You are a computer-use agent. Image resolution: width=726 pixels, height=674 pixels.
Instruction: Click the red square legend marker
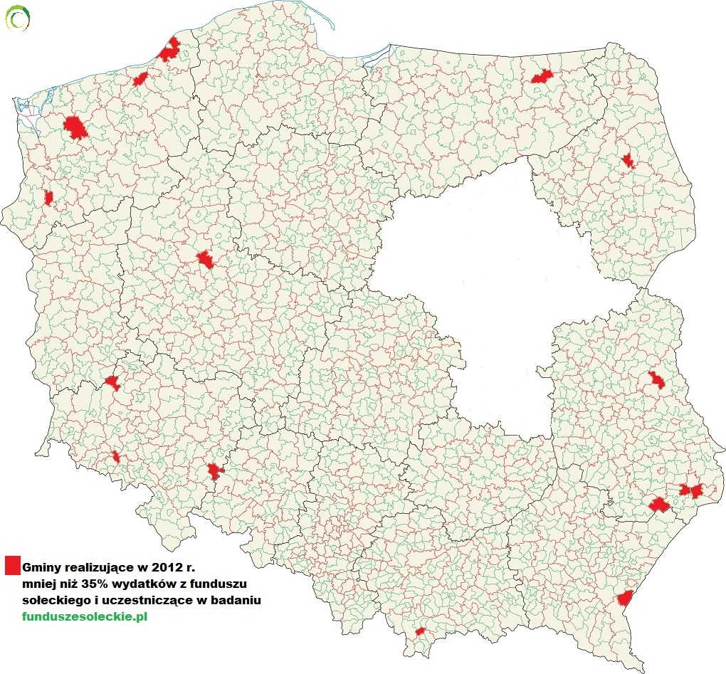(x=11, y=565)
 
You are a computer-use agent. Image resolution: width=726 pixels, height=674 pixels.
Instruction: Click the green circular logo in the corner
(x=17, y=17)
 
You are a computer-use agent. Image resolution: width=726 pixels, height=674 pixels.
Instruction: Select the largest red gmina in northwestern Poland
(x=75, y=128)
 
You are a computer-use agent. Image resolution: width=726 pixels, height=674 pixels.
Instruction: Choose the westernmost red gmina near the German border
(x=48, y=197)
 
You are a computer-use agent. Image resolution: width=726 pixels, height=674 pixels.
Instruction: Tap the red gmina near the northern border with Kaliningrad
(x=542, y=76)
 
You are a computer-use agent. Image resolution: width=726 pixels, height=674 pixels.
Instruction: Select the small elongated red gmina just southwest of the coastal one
(x=140, y=78)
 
